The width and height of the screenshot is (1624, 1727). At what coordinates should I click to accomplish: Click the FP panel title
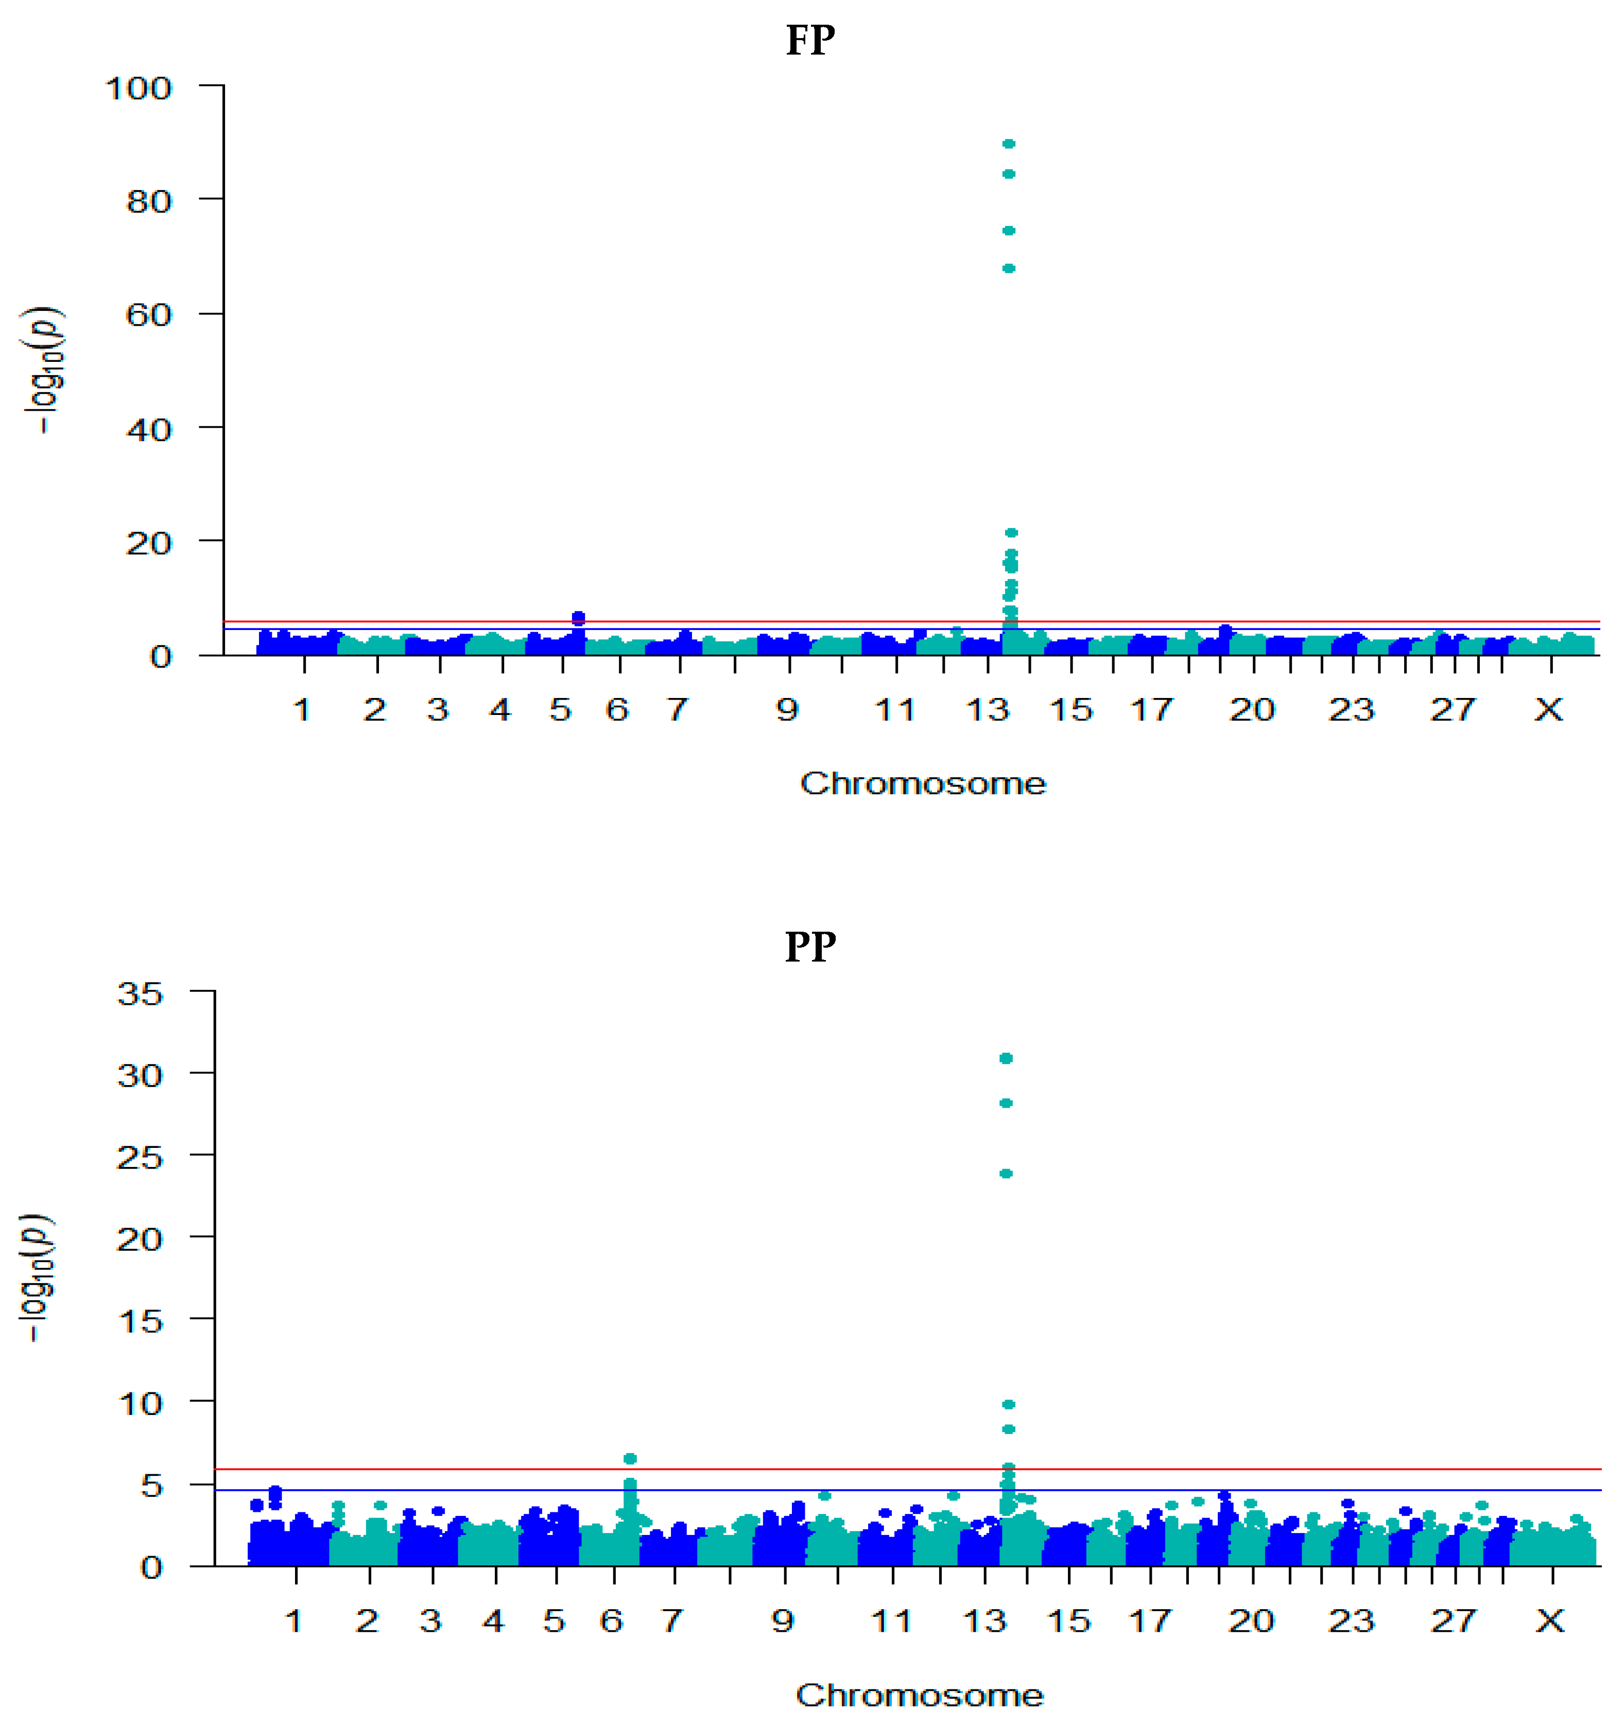(x=810, y=41)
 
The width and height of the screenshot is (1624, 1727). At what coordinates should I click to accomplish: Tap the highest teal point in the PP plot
(x=1006, y=1058)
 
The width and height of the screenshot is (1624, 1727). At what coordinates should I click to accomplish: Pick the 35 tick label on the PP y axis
(x=140, y=993)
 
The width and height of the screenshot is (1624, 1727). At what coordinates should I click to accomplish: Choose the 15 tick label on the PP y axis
(x=140, y=1321)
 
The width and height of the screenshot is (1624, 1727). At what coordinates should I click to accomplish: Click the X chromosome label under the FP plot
(x=1548, y=710)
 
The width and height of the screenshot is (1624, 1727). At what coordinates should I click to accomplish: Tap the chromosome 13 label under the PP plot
(x=986, y=1620)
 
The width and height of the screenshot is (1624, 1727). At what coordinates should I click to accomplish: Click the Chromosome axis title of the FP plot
(x=923, y=783)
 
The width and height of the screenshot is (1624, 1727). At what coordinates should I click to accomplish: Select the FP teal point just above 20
(x=1011, y=533)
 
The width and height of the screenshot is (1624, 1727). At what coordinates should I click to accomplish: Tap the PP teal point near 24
(x=1006, y=1174)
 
